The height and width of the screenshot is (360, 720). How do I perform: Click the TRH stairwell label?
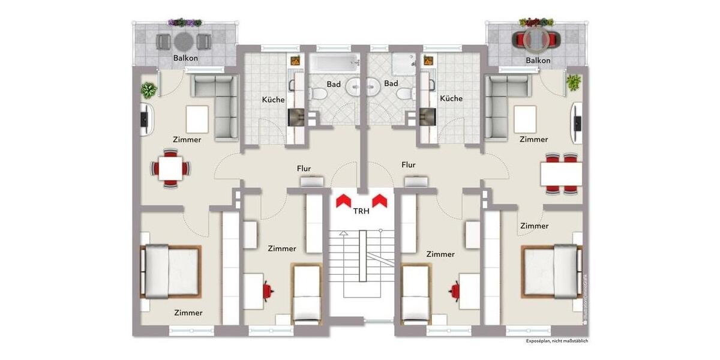point(361,211)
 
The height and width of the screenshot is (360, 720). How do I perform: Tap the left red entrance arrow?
point(343,200)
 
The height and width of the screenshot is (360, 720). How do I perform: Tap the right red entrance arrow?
point(379,200)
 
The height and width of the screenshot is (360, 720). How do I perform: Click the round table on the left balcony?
point(184,41)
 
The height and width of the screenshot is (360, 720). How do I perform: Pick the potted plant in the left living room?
point(148,90)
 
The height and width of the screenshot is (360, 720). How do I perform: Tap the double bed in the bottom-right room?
point(552,271)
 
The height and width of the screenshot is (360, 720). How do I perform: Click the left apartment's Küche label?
point(273,100)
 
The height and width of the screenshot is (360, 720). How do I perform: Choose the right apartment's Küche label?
point(451,98)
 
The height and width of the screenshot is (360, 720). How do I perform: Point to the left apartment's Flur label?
point(304,169)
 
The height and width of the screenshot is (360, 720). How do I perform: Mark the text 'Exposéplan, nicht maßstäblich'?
point(557,341)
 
